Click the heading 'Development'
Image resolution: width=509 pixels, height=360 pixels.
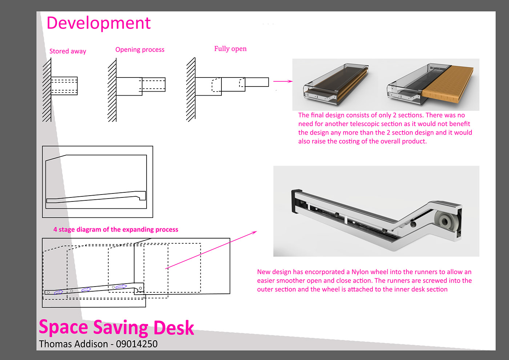coord(98,23)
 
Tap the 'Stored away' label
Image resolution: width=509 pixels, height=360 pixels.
coord(68,51)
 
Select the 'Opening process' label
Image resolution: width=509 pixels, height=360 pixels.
coord(140,49)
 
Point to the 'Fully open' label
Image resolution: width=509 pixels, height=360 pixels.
coord(230,49)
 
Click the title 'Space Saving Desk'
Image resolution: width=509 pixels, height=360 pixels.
coord(116,327)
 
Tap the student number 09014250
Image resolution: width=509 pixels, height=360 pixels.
coord(137,344)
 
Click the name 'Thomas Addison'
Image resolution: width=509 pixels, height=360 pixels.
coord(73,344)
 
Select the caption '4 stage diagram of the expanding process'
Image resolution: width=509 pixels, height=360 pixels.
coord(116,229)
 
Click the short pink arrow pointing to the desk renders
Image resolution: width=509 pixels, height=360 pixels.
coord(282,81)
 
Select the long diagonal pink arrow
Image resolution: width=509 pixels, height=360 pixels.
coord(211,250)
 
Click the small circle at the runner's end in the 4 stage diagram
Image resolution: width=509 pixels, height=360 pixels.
coord(141,288)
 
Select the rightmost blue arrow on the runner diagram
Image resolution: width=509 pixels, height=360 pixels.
coord(121,287)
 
